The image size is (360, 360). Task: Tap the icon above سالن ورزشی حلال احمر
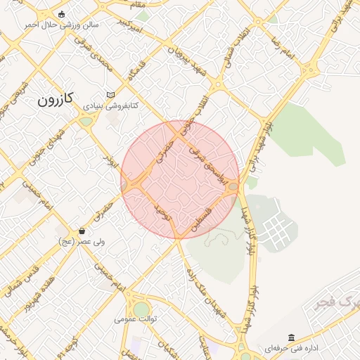[x=62, y=14]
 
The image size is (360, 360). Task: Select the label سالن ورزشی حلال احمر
[x=62, y=25]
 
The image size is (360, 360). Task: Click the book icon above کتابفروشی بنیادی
[x=111, y=95]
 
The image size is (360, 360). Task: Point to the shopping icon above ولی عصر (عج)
[x=82, y=231]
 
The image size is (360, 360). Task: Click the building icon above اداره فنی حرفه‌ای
[x=291, y=337]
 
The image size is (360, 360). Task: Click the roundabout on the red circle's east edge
[x=233, y=186]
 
